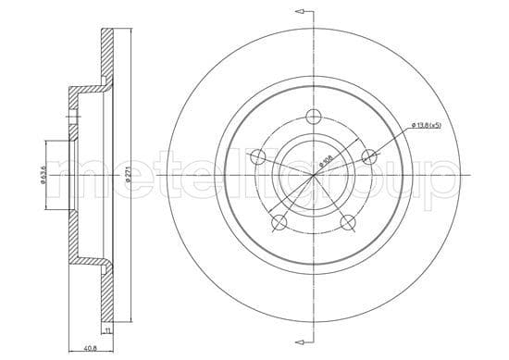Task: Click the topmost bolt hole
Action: [312, 117]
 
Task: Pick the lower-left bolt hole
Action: [278, 221]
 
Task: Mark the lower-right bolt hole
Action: [347, 221]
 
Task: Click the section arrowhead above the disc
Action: [298, 11]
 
